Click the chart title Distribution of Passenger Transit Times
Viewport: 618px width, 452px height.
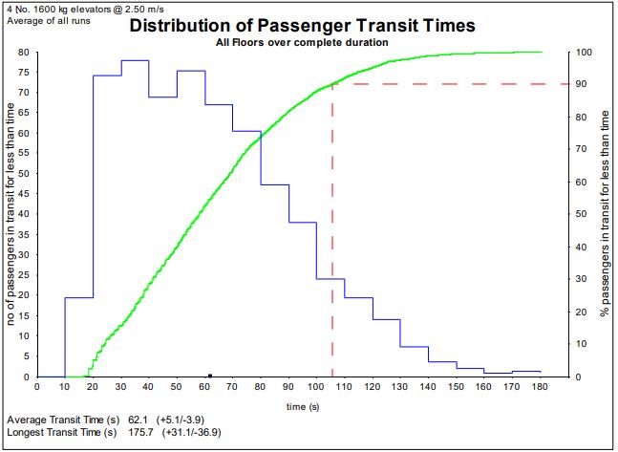(303, 26)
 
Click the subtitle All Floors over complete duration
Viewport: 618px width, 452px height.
(302, 43)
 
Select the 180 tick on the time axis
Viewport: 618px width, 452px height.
(541, 387)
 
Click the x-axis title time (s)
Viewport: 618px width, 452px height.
(302, 406)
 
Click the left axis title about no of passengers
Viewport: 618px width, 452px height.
(13, 214)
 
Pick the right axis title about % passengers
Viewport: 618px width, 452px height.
(605, 214)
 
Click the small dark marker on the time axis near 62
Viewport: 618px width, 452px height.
(210, 376)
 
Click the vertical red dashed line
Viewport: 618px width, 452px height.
(331, 239)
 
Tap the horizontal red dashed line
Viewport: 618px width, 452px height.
(449, 85)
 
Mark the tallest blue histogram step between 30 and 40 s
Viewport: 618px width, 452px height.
(135, 60)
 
